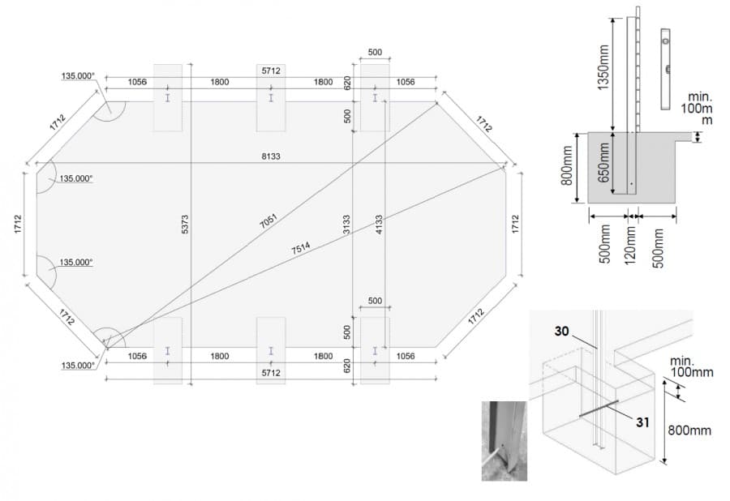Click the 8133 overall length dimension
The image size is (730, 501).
tap(270, 156)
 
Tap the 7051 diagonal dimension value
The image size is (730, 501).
tap(268, 221)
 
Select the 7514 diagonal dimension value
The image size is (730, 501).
tap(301, 248)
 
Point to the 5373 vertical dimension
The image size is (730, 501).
tap(185, 224)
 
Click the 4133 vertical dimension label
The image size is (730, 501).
tap(379, 224)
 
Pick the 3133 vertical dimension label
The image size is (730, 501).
tap(346, 224)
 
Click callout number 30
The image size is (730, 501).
tap(561, 332)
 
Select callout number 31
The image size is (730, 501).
tap(642, 422)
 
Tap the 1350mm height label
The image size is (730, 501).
tap(603, 67)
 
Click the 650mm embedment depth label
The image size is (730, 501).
tap(603, 162)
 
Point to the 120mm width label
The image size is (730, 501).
tap(630, 245)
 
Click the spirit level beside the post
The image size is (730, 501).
tap(666, 69)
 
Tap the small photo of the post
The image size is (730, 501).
tap(505, 441)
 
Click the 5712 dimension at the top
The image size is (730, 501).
tap(271, 71)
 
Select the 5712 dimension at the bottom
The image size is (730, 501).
tap(271, 373)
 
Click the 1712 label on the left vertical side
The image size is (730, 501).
tap(18, 224)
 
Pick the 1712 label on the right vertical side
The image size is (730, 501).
tap(515, 224)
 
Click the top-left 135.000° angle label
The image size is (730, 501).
tap(78, 76)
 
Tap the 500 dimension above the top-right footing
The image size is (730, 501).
tap(375, 52)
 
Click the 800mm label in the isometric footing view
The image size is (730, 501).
tap(689, 430)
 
